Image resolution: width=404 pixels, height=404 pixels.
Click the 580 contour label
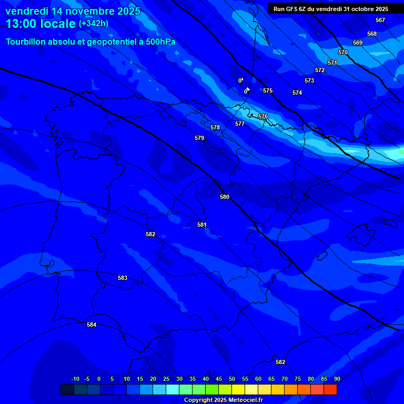[225, 197]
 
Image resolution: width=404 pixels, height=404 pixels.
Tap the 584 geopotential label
[92, 325]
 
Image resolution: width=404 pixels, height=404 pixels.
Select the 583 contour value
[123, 278]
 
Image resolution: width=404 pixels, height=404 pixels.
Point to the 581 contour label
[202, 225]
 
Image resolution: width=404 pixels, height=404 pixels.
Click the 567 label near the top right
[380, 20]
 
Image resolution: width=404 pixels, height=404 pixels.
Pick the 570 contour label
[343, 52]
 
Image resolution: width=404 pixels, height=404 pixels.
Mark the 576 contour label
[263, 116]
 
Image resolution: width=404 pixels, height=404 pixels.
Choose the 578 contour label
[215, 127]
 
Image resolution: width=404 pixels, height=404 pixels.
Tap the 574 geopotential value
[297, 93]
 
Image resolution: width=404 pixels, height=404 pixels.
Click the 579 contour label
[199, 138]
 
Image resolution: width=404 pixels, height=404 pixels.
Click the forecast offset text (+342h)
[94, 24]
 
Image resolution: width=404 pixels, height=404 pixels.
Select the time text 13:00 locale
[41, 24]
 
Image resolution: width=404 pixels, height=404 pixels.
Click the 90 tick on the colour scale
[337, 379]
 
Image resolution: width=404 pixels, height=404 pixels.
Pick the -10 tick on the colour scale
[75, 379]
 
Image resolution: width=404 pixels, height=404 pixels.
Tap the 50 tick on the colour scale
[232, 379]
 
